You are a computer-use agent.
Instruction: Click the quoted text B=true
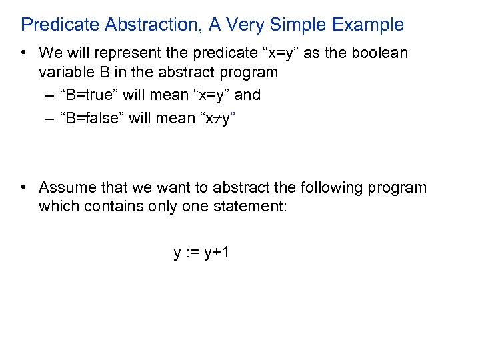(89, 95)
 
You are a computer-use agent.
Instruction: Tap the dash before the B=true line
(51, 95)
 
